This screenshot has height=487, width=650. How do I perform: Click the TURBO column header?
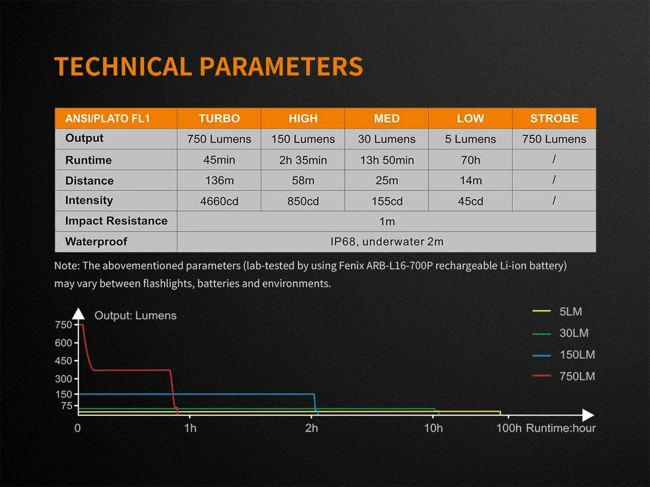[x=219, y=118]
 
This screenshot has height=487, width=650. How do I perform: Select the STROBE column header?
[x=554, y=118]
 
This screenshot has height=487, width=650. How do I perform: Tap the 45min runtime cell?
[x=219, y=160]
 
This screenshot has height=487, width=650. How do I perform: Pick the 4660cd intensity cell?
[x=219, y=201]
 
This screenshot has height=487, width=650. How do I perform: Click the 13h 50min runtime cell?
[x=386, y=160]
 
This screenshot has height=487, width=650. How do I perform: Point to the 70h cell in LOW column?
[x=470, y=160]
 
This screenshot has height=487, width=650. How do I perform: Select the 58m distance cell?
[x=303, y=180]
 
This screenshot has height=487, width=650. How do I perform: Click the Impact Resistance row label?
[x=116, y=221]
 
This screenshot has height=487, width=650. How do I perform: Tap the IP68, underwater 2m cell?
[x=386, y=242]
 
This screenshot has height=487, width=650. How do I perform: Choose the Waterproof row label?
[x=96, y=242]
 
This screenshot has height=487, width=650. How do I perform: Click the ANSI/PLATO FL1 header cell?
[x=108, y=118]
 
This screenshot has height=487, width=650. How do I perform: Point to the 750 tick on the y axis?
[x=63, y=325]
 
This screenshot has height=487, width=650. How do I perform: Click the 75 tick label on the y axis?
[x=66, y=406]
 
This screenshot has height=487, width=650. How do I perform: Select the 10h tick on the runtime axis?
[x=433, y=428]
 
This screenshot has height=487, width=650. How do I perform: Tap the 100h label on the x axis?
[x=509, y=428]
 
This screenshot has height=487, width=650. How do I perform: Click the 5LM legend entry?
[x=570, y=311]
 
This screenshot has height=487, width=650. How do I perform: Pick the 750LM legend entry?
[x=577, y=376]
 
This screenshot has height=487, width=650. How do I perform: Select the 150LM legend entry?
[x=577, y=355]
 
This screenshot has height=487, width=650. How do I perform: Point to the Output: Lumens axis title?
[x=135, y=316]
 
